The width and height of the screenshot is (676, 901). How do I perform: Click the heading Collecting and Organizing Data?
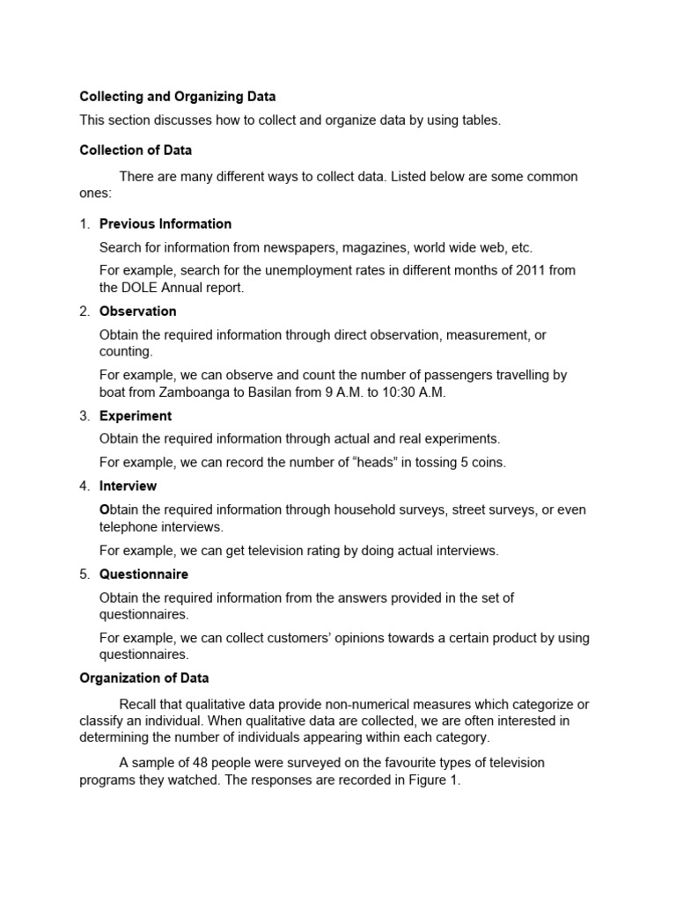pos(178,97)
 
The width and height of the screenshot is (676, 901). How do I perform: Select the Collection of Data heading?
pos(136,150)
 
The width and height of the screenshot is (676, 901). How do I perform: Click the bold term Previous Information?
pos(165,223)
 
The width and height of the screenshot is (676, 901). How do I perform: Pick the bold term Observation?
pos(137,311)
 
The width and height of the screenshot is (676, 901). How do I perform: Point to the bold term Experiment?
pos(136,415)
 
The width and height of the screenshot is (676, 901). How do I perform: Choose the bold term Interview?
pos(128,486)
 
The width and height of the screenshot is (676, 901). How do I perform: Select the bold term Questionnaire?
pos(143,574)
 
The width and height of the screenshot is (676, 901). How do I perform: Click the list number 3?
pos(84,415)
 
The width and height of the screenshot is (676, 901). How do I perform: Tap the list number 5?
pos(84,574)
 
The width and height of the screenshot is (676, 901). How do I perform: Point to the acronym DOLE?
pos(144,288)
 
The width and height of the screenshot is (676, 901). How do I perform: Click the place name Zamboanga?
pos(210,392)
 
